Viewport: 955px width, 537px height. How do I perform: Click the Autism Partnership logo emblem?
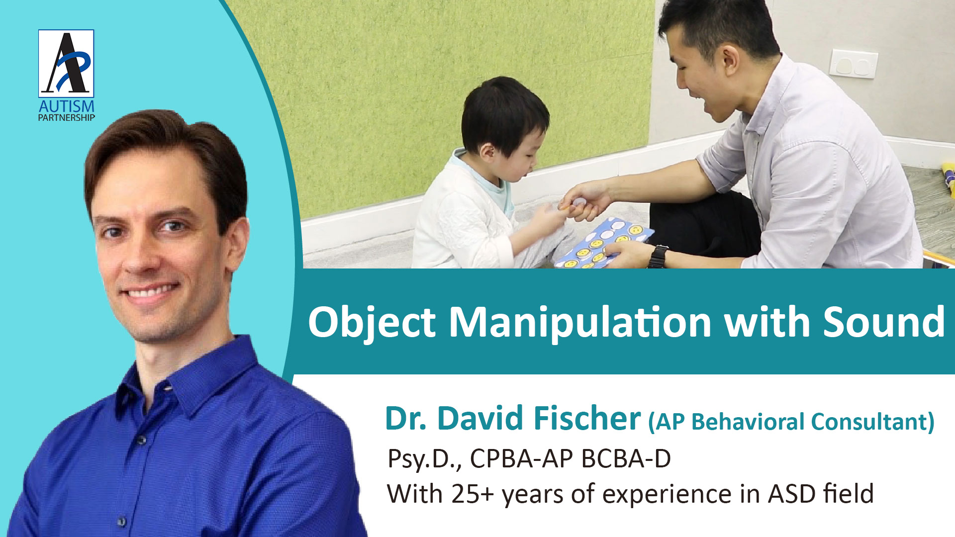(x=66, y=63)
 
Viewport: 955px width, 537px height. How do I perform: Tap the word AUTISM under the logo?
(x=67, y=106)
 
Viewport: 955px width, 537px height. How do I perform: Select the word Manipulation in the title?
(x=580, y=323)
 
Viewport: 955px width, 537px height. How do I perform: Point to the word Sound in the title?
(x=884, y=322)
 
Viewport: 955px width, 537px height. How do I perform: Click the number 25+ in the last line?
(x=473, y=494)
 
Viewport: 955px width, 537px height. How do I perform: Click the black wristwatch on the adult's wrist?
(x=659, y=256)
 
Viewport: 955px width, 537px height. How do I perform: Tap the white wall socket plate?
(x=854, y=63)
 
